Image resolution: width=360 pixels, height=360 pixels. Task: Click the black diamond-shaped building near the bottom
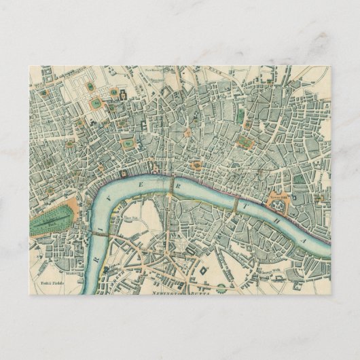tap(203, 271)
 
